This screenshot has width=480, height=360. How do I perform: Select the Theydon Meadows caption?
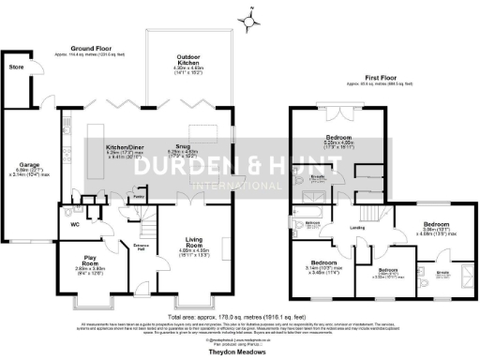click(239, 347)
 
